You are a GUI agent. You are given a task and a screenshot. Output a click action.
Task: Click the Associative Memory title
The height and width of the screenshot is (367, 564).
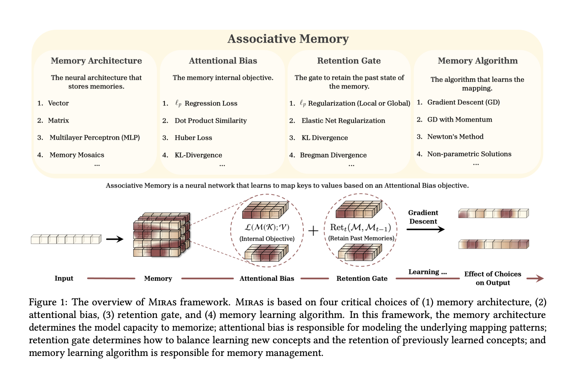pos(288,39)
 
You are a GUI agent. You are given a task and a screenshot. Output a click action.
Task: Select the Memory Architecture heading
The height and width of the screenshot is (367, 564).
pos(96,61)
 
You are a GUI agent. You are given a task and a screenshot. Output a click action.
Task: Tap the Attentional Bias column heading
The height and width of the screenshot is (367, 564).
pos(223,61)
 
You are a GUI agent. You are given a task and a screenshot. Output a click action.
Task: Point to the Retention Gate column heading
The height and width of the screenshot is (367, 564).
pos(349,61)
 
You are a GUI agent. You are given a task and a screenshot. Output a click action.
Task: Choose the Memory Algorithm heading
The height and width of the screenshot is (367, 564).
pos(478,61)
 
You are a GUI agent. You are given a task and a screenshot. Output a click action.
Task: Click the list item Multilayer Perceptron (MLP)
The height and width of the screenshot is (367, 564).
pos(94,138)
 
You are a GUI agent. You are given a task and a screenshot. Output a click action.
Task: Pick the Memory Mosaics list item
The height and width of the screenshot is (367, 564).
pos(77,155)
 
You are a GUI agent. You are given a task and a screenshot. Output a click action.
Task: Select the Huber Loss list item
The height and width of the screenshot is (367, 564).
pos(193,138)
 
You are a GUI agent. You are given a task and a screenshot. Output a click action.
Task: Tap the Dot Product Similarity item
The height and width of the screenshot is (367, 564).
pos(210,121)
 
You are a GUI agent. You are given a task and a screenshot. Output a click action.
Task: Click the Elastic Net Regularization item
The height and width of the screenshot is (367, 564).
pos(343,121)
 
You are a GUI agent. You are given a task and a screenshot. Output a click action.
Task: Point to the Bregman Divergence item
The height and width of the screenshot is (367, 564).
pos(333,155)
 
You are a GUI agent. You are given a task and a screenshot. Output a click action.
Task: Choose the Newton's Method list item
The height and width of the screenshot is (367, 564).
pos(455,137)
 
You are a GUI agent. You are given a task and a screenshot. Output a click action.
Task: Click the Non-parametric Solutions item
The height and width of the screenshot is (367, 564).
pos(469,154)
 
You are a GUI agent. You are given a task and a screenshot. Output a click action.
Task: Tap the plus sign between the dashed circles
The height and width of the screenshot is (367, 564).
pos(313,231)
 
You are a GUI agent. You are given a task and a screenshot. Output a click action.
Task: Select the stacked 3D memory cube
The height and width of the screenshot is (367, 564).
pos(161,235)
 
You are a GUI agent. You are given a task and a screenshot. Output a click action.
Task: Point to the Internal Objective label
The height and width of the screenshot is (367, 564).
pos(267,239)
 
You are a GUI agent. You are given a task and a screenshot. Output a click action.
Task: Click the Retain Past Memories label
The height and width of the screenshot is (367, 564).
pos(361,238)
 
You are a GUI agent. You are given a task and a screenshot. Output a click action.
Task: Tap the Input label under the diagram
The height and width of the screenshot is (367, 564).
pos(64,278)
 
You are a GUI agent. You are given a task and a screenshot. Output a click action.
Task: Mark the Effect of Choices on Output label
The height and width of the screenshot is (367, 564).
pos(493,278)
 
